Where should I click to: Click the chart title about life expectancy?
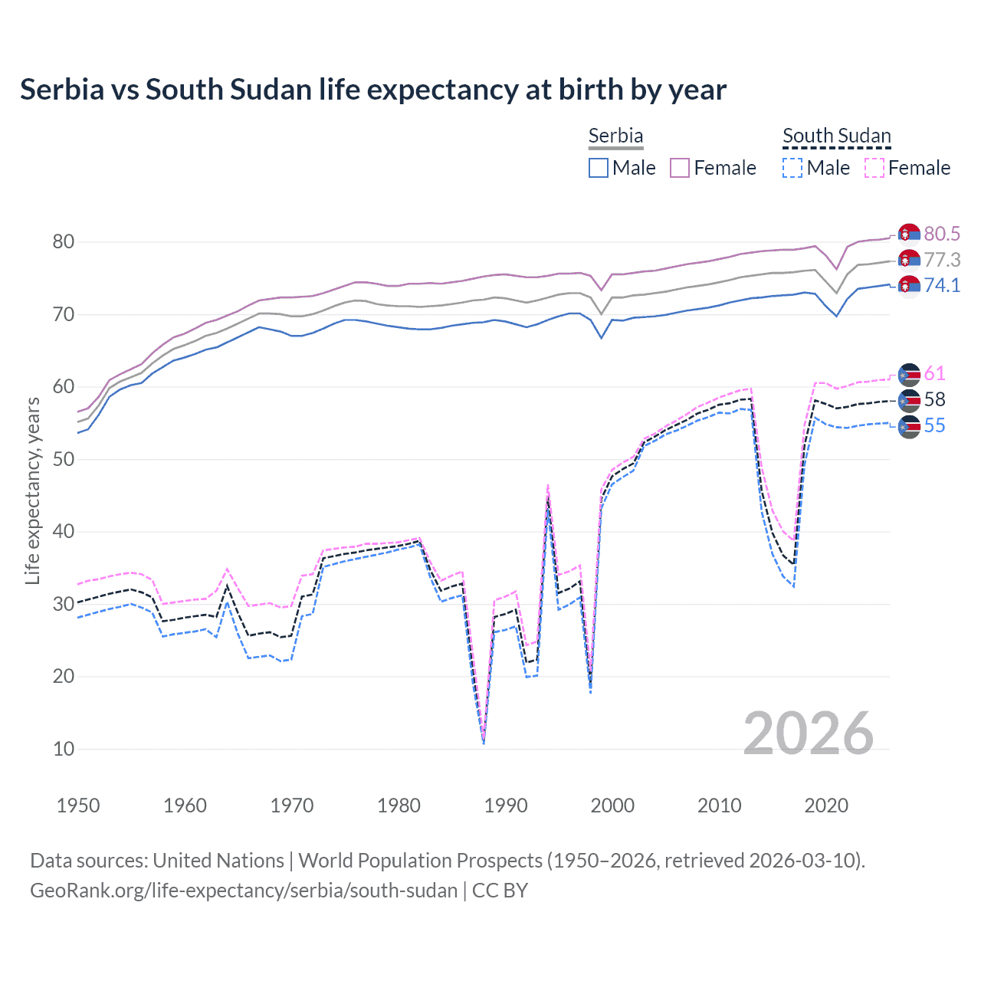(x=373, y=90)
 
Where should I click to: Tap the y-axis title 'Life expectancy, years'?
(x=32, y=490)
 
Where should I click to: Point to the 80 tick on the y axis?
(x=63, y=242)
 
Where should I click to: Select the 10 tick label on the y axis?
(x=63, y=749)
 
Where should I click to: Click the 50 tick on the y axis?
(x=63, y=459)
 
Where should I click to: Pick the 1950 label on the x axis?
(x=78, y=805)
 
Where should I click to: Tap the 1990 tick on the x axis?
(x=506, y=805)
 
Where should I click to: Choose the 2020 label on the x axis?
(x=826, y=805)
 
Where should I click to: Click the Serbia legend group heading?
(x=615, y=136)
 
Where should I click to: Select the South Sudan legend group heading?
(x=836, y=136)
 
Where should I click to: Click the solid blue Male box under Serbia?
(x=599, y=168)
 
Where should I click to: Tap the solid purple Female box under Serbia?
(x=680, y=168)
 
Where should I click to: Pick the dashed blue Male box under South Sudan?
(x=792, y=168)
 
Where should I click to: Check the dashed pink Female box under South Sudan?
(x=874, y=168)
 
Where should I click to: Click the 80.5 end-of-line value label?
(x=942, y=234)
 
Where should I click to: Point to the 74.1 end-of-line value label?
(x=942, y=286)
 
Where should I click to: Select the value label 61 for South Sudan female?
(x=934, y=374)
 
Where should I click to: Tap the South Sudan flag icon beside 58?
(x=909, y=400)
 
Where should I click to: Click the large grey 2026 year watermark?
(x=809, y=733)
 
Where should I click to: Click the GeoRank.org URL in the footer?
(x=244, y=891)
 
